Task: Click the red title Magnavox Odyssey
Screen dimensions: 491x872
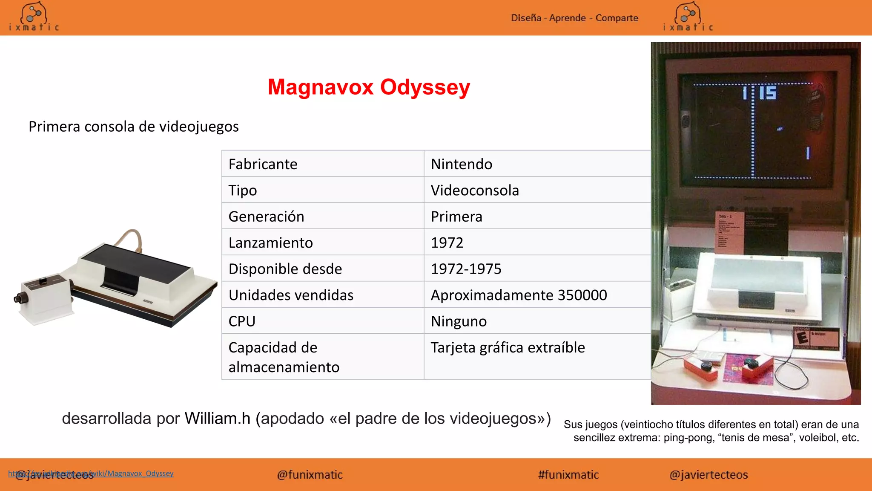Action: pyautogui.click(x=369, y=87)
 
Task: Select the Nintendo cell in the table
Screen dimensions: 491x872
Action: pyautogui.click(x=462, y=164)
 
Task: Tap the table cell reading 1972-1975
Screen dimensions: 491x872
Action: pyautogui.click(x=466, y=269)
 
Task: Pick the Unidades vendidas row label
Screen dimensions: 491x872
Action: pyautogui.click(x=291, y=295)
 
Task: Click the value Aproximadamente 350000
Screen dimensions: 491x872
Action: pyautogui.click(x=519, y=295)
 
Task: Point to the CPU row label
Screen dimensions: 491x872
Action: pyautogui.click(x=242, y=321)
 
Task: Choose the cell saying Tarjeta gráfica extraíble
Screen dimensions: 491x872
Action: pyautogui.click(x=508, y=348)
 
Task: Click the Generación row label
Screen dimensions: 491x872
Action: pyautogui.click(x=266, y=217)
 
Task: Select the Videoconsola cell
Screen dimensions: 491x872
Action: pyautogui.click(x=475, y=191)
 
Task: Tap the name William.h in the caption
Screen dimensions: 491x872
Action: pyautogui.click(x=217, y=419)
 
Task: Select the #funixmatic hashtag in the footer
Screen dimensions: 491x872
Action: pyautogui.click(x=568, y=475)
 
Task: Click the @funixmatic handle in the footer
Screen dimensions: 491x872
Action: pyautogui.click(x=310, y=475)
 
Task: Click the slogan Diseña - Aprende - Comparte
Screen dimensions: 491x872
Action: pyautogui.click(x=574, y=18)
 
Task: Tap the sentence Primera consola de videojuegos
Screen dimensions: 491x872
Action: pyautogui.click(x=133, y=127)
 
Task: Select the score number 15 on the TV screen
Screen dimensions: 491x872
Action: pyautogui.click(x=768, y=92)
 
